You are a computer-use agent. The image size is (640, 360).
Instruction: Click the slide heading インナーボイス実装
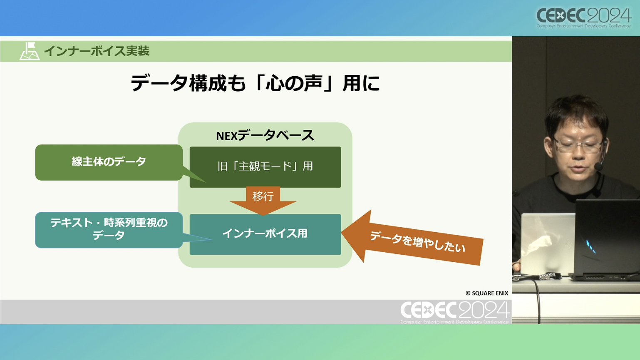[97, 51]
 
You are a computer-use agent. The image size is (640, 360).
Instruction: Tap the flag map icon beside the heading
[30, 51]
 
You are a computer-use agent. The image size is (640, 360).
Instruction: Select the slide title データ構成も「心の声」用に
[255, 83]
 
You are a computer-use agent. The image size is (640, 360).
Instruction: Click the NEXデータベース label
[265, 135]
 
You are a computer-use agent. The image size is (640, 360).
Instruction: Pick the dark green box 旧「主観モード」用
[265, 167]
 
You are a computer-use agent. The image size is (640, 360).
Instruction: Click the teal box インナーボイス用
[265, 234]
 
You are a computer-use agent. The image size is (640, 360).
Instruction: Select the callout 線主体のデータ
[109, 162]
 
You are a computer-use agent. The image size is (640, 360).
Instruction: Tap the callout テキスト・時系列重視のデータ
[109, 230]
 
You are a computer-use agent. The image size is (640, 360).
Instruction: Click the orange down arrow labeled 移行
[263, 201]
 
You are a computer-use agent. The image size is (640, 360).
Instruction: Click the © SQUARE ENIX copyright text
[487, 293]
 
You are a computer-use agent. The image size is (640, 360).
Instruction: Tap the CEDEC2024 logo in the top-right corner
[584, 17]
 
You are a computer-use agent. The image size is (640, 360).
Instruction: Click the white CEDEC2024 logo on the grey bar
[455, 312]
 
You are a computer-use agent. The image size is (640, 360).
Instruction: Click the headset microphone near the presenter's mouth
[598, 166]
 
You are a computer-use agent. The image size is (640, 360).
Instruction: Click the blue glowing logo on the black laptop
[591, 246]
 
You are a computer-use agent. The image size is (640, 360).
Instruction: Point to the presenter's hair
[577, 114]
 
